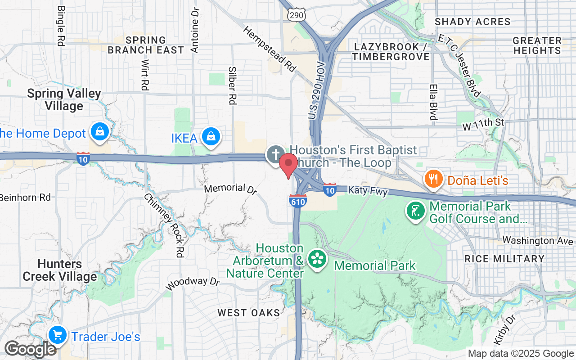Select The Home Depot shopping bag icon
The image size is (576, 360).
(99, 132)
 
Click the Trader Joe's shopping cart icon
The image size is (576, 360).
(58, 335)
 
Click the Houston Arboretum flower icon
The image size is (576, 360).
(317, 259)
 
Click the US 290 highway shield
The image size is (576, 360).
(297, 14)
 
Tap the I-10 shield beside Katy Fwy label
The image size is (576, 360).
(330, 190)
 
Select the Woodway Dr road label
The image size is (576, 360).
(192, 283)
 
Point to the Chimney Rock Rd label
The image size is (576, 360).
(165, 225)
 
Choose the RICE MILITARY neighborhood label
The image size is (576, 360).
(504, 259)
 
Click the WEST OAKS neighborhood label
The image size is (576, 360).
(249, 312)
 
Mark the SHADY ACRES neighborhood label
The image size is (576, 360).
(472, 22)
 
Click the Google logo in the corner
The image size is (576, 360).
(30, 349)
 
